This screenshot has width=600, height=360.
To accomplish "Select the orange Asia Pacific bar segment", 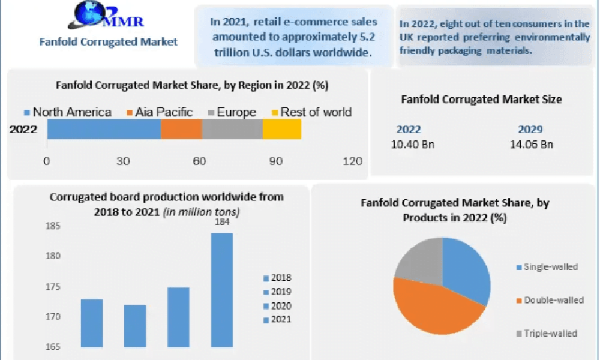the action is click(181, 129).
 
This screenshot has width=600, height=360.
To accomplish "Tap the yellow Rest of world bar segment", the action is click(281, 129).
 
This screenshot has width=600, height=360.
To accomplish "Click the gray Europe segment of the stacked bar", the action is click(232, 129).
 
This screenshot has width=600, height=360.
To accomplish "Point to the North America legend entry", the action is click(67, 112).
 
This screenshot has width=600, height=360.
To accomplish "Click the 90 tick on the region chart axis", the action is click(275, 161).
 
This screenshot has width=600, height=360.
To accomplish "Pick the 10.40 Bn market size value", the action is click(413, 145).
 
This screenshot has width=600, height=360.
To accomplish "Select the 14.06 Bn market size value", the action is click(531, 145).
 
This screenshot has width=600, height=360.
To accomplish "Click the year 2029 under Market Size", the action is click(530, 130).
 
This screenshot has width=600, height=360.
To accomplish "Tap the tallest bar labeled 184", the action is click(222, 290).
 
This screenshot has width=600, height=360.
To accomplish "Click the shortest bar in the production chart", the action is click(135, 326).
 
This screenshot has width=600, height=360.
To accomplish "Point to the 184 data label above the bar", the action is click(222, 221).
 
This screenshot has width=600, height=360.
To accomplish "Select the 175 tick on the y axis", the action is click(53, 287).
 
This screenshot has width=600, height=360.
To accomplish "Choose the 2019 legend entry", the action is click(277, 292).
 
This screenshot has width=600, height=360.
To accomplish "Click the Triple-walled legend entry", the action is click(547, 334).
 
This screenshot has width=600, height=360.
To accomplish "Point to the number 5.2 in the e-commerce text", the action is click(367, 37).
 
